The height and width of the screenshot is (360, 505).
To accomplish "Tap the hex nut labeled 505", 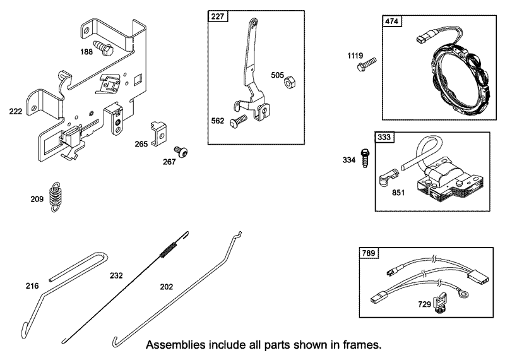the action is coord(290,82).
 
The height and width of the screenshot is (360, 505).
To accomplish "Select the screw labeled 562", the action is coord(238,121).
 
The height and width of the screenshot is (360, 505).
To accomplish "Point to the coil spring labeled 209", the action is coord(56,196).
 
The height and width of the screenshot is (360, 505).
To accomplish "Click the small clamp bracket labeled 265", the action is coord(160,133).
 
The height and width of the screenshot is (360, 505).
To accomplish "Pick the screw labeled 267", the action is coord(181,152).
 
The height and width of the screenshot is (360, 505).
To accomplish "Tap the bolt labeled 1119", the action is coord(367,64).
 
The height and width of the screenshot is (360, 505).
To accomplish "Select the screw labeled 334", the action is coord(365,158).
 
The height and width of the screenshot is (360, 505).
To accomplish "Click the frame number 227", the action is coord(218,16).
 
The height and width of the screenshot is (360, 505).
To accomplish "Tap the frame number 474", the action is coord(391,21).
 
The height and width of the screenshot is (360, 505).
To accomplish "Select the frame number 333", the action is coord(384,137).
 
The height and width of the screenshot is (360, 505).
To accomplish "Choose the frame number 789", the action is coord(369,253).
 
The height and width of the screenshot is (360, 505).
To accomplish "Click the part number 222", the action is coord(15,112).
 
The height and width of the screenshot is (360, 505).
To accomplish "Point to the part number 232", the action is coord(116,275).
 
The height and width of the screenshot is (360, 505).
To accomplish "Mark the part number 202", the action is coord(167,287).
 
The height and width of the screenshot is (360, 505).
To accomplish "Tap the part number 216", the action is coord(32,286).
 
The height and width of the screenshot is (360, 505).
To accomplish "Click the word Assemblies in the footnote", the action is coord(175,345).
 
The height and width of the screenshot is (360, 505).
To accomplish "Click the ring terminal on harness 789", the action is coord(465,294).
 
